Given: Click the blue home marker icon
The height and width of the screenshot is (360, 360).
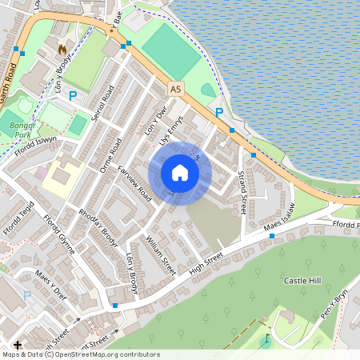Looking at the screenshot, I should (x=180, y=173).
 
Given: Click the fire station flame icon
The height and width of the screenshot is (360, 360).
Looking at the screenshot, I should (x=62, y=50).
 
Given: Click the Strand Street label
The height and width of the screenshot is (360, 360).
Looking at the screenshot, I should (x=241, y=193).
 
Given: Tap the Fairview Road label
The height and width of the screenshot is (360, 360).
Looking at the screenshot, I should (x=134, y=182).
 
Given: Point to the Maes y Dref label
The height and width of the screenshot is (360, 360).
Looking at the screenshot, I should (x=51, y=285).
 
